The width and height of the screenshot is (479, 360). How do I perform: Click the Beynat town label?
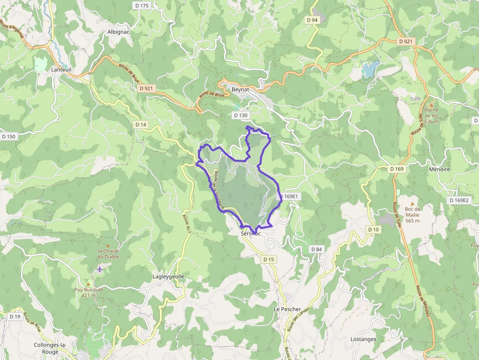(x=240, y=90)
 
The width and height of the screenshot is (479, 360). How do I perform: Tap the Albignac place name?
(x=118, y=32)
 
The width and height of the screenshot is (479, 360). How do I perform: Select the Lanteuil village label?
(x=62, y=70)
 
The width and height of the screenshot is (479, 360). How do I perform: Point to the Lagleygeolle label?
(x=168, y=276)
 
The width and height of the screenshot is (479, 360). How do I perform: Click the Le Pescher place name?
(x=287, y=309)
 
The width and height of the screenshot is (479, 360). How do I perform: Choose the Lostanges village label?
(x=363, y=339)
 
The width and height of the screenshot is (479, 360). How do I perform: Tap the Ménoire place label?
(x=439, y=169)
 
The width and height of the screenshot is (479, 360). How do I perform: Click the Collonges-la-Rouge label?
(x=50, y=348)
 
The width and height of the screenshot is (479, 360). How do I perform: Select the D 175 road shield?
(x=142, y=5)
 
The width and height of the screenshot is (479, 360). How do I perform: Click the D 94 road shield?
(x=312, y=20)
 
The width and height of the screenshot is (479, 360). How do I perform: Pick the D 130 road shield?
(x=241, y=115)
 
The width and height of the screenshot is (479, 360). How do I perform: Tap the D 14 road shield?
(x=141, y=125)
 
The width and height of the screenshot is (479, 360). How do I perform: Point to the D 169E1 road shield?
(x=289, y=196)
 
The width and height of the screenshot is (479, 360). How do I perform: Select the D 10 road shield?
(x=373, y=230)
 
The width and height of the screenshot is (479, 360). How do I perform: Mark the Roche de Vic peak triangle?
(x=432, y=103)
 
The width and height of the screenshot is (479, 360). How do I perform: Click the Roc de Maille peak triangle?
(x=412, y=203)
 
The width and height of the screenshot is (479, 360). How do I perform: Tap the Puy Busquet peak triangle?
(x=88, y=283)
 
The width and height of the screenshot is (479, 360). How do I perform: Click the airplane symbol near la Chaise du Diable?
(x=100, y=269)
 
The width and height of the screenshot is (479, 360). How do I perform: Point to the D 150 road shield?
(x=9, y=136)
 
